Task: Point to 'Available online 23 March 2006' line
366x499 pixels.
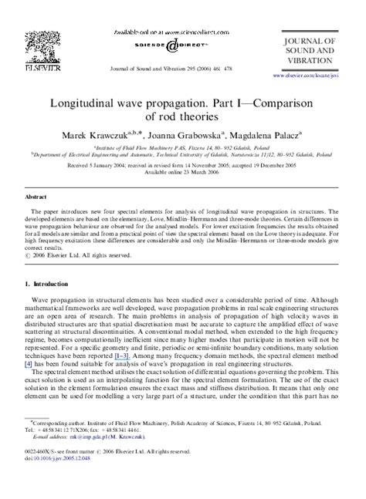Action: coord(182,172)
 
